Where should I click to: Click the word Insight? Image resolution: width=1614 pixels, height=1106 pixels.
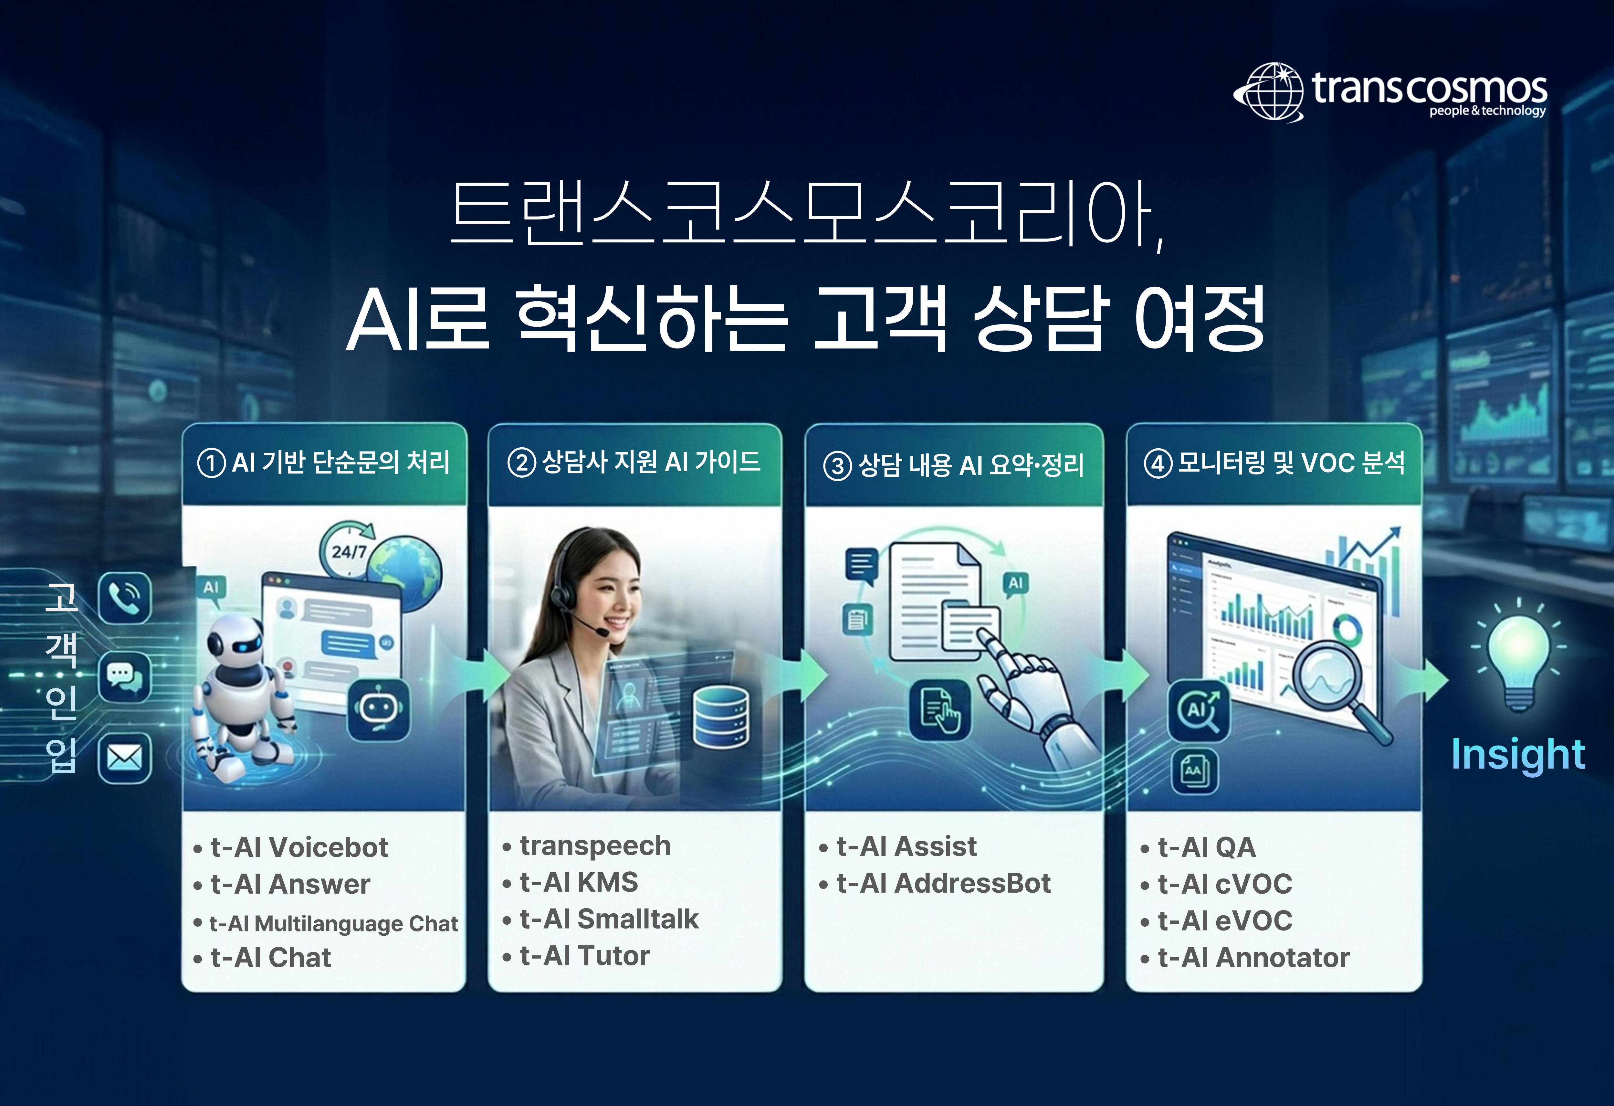[x=1518, y=754]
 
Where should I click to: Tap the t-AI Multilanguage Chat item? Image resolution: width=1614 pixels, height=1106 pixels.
[x=333, y=923]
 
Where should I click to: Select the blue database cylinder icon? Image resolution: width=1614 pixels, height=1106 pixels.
[x=721, y=717]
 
